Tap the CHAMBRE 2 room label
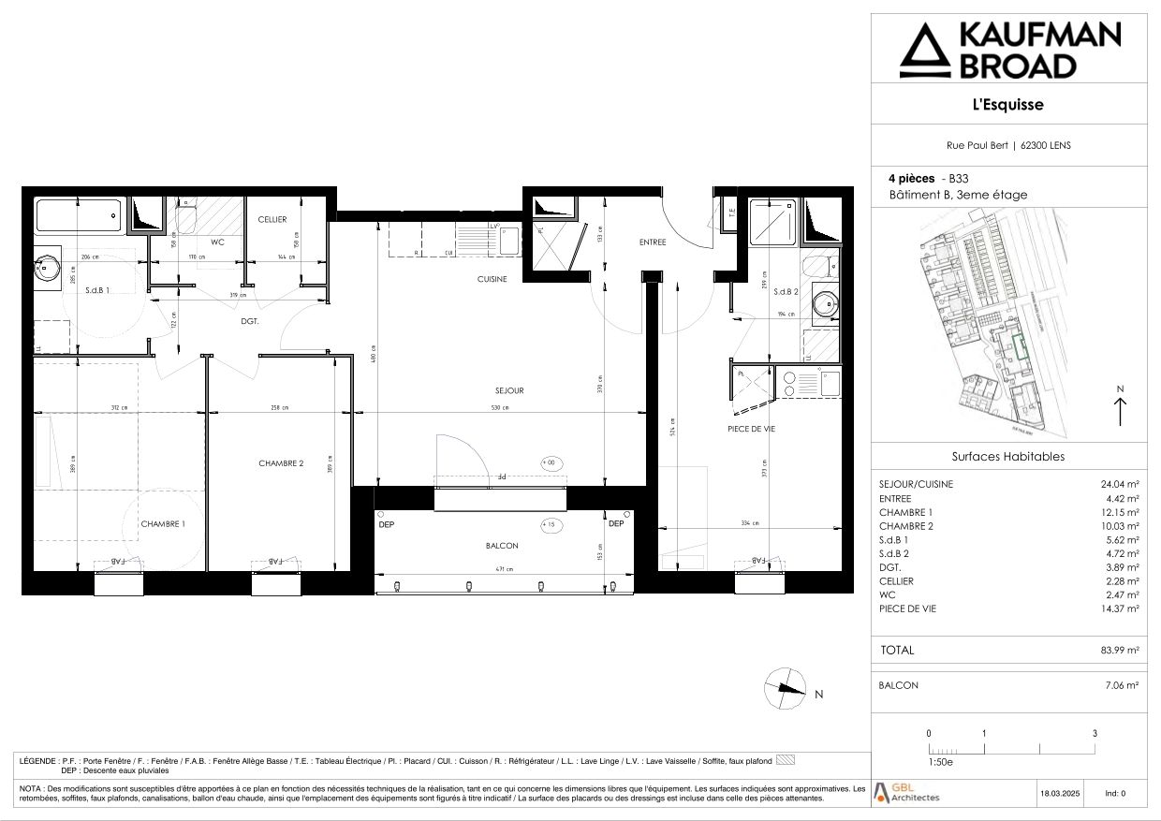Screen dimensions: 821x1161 281,463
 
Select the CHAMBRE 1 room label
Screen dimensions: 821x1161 163,524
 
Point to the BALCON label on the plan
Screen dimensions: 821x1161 502,545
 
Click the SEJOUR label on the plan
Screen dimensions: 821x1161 509,390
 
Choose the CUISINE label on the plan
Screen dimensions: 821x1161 492,279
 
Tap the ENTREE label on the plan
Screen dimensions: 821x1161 653,242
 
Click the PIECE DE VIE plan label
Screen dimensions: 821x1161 751,429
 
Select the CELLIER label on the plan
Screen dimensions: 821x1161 272,220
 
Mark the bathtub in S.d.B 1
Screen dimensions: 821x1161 79,217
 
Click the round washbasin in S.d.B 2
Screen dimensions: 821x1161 825,303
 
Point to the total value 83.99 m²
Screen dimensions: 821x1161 1120,650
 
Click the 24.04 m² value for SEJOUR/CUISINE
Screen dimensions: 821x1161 1120,485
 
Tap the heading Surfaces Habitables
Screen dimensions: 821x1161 1007,457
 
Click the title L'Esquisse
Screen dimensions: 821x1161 1007,105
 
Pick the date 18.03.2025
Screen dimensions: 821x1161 1060,793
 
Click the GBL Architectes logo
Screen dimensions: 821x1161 906,792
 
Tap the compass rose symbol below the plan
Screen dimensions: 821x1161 785,688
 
